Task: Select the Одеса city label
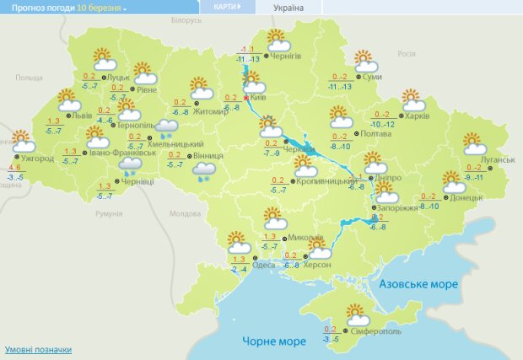264,265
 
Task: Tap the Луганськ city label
499,159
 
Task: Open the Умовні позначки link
38,349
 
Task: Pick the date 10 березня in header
100,7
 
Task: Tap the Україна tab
288,8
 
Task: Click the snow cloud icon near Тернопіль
166,128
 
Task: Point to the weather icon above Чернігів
278,40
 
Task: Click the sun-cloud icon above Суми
364,62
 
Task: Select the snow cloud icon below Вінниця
203,173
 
